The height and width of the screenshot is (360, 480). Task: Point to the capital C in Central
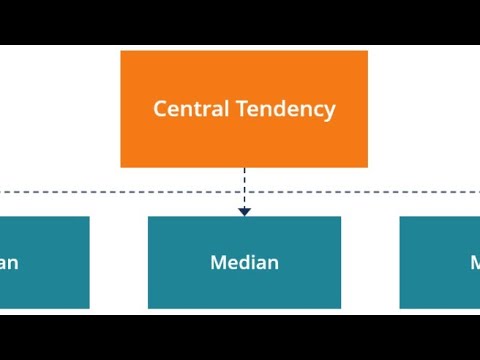click(160, 109)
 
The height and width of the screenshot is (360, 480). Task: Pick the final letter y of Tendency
click(330, 111)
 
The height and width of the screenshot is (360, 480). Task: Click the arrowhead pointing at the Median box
click(244, 211)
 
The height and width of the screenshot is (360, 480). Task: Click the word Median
click(244, 263)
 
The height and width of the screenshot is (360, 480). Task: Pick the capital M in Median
click(218, 263)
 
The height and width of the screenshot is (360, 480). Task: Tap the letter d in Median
click(246, 263)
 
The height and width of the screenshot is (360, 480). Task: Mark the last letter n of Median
click(272, 264)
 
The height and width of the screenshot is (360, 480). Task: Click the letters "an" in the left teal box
click(8, 264)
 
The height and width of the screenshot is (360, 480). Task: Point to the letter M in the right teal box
click(475, 263)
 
